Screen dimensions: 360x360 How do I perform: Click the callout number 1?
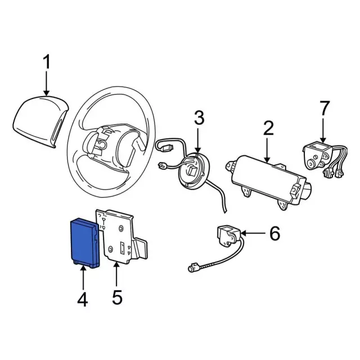[47, 62]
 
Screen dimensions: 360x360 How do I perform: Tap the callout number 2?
[268, 129]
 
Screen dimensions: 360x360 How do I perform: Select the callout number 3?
[198, 119]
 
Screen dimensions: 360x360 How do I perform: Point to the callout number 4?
[83, 300]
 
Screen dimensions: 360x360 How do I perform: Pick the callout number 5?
[116, 296]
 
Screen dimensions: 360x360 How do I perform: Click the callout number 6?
[274, 233]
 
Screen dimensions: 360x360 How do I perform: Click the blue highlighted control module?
[84, 241]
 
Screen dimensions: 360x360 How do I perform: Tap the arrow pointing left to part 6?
[251, 233]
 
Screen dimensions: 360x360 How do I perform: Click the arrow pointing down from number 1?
[47, 84]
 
